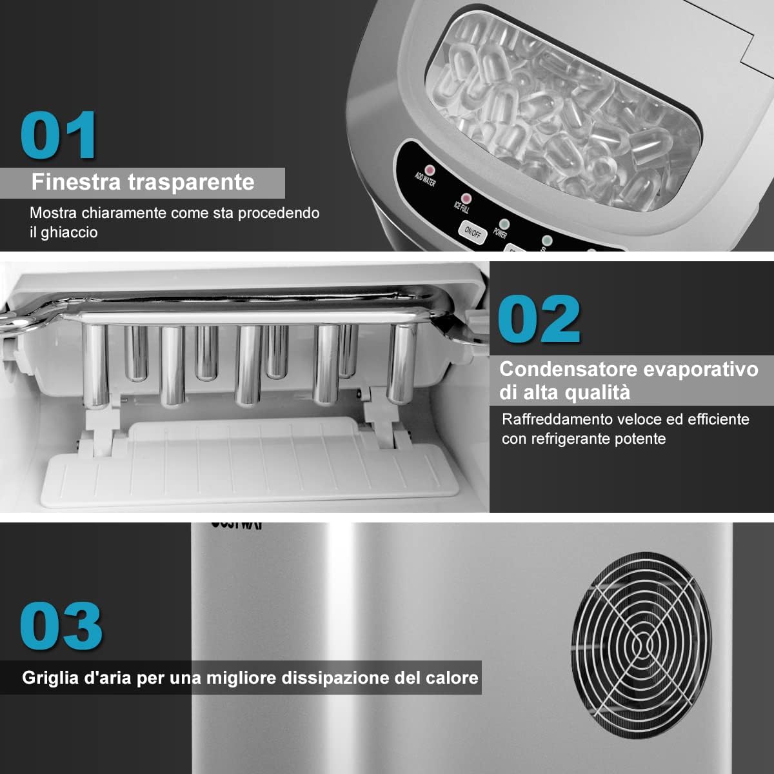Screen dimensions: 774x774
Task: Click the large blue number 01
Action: [59, 135]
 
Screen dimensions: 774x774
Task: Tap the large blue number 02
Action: [539, 320]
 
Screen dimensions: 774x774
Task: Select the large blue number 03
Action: [61, 626]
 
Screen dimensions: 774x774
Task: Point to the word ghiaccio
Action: [69, 233]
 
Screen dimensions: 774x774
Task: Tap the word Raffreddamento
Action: [557, 419]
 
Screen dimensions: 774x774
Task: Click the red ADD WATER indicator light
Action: [430, 170]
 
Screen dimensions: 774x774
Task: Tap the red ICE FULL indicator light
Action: [465, 198]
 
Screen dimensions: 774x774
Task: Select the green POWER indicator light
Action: [504, 224]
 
